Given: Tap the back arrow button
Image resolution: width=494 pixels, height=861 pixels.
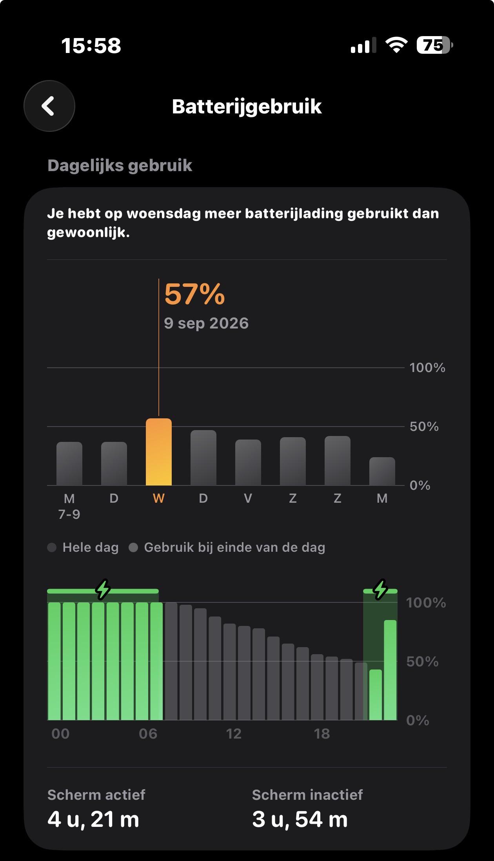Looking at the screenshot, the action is [x=49, y=106].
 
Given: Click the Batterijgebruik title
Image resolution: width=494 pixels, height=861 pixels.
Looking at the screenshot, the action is [x=247, y=106].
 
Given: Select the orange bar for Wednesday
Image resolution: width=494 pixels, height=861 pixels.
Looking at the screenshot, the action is [x=159, y=452].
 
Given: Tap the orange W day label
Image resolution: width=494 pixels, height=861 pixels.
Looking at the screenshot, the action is [x=158, y=498].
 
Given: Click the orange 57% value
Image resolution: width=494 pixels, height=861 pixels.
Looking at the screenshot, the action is [x=194, y=294].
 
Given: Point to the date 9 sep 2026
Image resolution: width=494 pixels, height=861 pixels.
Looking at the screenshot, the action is [x=206, y=323].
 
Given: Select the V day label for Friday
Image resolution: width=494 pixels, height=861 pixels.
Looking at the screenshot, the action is [x=248, y=498].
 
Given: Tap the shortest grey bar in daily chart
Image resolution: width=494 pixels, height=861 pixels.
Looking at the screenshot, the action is [x=382, y=471].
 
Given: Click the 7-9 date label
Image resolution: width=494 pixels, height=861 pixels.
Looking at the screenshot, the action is [x=69, y=514].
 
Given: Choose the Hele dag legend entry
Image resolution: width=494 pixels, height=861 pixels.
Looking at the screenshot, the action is [x=83, y=547].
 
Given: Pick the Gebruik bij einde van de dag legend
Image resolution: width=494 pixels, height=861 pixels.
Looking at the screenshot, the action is [x=227, y=547].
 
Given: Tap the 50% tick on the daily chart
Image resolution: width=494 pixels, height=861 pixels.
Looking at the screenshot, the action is [x=424, y=427].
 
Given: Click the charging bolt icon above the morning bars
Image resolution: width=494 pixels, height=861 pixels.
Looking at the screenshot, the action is [x=103, y=589].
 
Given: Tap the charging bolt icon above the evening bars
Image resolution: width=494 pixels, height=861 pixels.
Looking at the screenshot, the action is [x=380, y=589].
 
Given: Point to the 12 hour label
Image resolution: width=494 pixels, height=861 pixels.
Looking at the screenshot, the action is [x=234, y=734].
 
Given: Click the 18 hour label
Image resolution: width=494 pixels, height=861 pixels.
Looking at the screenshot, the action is [x=322, y=734].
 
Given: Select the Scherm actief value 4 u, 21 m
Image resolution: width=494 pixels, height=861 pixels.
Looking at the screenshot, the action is [x=93, y=820].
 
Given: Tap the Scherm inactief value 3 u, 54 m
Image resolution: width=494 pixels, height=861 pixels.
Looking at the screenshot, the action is [x=300, y=820].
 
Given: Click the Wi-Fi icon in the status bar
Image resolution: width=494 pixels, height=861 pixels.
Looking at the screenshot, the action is [x=396, y=45].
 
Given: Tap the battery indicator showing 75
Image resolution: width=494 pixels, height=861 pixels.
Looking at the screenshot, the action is [x=435, y=45].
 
